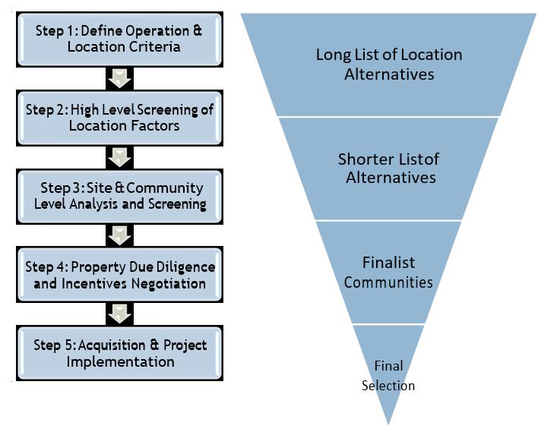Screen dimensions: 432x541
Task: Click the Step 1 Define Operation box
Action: click(x=120, y=39)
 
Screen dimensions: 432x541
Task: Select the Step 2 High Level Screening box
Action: click(x=120, y=117)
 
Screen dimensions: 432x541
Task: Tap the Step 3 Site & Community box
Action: click(x=120, y=196)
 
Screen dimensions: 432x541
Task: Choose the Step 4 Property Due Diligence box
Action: click(x=120, y=275)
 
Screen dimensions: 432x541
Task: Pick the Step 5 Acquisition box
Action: click(x=120, y=353)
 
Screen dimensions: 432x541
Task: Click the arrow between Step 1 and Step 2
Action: click(x=120, y=78)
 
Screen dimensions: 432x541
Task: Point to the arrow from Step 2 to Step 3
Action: click(x=120, y=157)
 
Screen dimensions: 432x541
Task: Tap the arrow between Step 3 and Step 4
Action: click(x=120, y=235)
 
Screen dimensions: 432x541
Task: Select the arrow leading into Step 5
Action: click(x=120, y=314)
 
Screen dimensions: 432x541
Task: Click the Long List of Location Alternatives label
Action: click(x=388, y=65)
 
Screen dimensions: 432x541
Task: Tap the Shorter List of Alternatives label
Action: click(x=388, y=168)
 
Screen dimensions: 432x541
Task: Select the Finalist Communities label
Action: click(x=388, y=273)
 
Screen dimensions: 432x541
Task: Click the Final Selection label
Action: click(x=388, y=376)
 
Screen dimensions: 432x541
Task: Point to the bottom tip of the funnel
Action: click(x=388, y=422)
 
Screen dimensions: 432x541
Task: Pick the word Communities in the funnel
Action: click(x=388, y=282)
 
